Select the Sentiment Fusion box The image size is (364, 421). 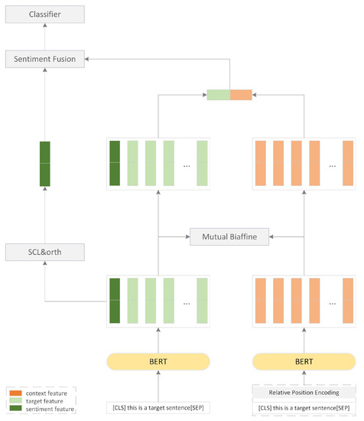pyautogui.click(x=43, y=57)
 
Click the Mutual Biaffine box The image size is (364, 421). pyautogui.click(x=229, y=237)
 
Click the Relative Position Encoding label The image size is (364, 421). pyautogui.click(x=304, y=393)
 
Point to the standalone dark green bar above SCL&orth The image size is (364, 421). pyautogui.click(x=44, y=164)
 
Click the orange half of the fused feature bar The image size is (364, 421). pyautogui.click(x=241, y=95)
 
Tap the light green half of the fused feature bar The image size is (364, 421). pyautogui.click(x=218, y=95)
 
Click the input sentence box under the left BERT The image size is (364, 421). pyautogui.click(x=158, y=406)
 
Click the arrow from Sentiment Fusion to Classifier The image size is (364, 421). pyautogui.click(x=43, y=36)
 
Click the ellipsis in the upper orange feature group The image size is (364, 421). pyautogui.click(x=332, y=165)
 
